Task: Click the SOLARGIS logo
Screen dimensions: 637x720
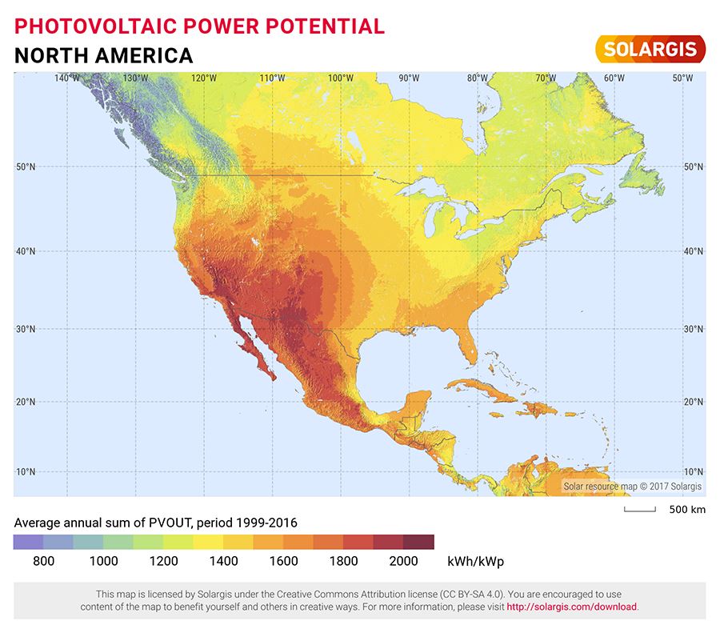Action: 650,49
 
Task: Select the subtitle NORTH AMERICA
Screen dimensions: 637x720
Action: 103,55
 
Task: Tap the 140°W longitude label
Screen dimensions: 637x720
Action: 67,78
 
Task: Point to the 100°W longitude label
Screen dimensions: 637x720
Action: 341,78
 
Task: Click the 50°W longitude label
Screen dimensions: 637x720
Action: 682,78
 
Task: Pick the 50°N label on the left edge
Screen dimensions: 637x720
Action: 26,166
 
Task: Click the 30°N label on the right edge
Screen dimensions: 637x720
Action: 693,329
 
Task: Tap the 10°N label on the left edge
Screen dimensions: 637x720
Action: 26,471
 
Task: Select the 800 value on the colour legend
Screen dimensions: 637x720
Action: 44,561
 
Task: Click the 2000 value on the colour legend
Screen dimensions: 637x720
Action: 403,561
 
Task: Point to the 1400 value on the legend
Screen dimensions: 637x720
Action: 223,561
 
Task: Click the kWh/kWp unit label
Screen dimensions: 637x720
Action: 476,561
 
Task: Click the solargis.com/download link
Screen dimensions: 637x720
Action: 571,607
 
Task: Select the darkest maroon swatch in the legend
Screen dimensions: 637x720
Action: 418,542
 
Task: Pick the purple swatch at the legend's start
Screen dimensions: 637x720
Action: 29,542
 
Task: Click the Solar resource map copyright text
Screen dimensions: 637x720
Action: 632,486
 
